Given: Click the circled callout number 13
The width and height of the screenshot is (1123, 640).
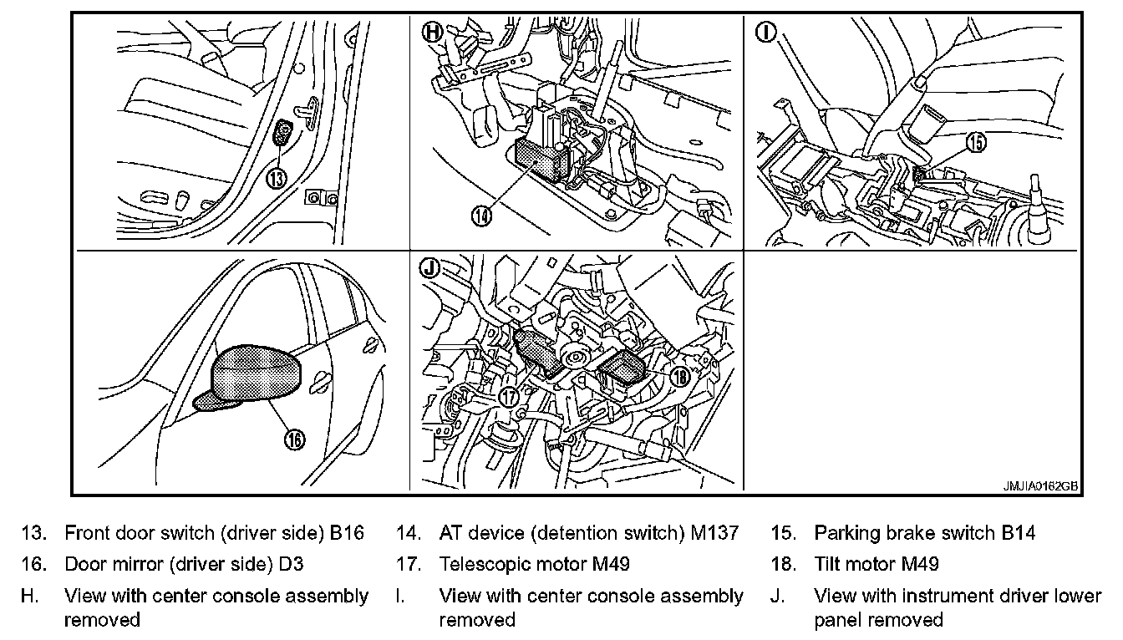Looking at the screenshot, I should (277, 178).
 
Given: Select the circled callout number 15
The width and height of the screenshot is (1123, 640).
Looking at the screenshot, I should (976, 143).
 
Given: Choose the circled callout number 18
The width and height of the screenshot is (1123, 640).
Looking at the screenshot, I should (679, 378).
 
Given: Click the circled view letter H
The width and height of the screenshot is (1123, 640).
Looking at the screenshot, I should (432, 33).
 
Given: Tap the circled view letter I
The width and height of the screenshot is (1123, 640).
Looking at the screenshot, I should (765, 33).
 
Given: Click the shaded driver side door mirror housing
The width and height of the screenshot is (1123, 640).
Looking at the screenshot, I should (257, 372).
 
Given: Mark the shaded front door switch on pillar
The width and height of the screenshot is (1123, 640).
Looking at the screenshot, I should (284, 133).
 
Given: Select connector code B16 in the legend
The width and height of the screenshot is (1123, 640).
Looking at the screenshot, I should (347, 533).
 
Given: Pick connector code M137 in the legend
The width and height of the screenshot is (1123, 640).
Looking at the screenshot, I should (716, 533).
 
